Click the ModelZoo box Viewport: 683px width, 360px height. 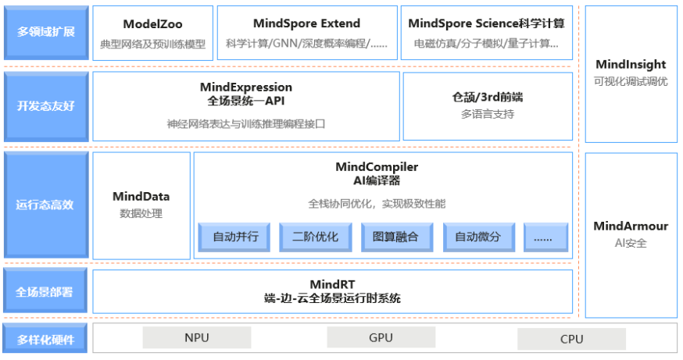tap(153, 33)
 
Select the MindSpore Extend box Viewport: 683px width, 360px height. tap(307, 33)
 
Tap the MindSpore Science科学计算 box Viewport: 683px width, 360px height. tap(487, 33)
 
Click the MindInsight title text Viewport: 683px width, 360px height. tap(631, 65)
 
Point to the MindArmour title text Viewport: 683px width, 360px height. tap(631, 226)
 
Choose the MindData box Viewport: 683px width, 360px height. tap(141, 205)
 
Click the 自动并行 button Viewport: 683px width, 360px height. tap(234, 237)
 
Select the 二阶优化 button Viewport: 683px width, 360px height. tap(316, 237)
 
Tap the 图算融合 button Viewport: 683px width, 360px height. tap(397, 237)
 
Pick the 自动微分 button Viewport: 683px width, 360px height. tap(479, 237)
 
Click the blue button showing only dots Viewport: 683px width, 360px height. tap(545, 237)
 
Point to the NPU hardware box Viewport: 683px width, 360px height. tap(197, 337)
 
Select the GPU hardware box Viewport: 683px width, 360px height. tap(381, 337)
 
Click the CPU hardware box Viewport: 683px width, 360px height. tap(571, 339)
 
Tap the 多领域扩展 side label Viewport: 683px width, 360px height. tap(46, 33)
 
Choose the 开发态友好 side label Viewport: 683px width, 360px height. tap(46, 107)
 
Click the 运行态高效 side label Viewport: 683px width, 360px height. tap(46, 205)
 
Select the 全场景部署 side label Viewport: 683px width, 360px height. tap(45, 290)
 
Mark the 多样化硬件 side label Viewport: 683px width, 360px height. tap(45, 339)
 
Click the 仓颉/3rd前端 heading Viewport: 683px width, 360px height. tap(488, 97)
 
